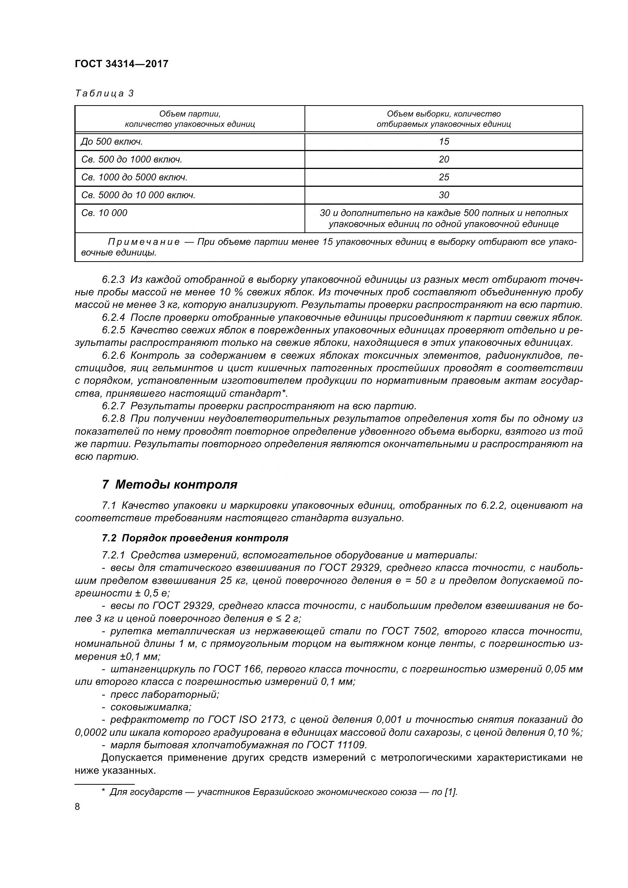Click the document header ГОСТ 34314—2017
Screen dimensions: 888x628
[x=121, y=64]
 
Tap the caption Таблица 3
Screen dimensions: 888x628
[x=104, y=93]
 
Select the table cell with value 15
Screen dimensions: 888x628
[x=443, y=142]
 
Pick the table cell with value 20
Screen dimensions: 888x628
[x=443, y=159]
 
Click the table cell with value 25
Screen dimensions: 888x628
[x=443, y=177]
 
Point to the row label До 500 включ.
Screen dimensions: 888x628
[x=112, y=142]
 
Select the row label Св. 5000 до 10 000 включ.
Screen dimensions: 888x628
[x=138, y=195]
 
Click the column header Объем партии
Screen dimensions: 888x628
[x=189, y=114]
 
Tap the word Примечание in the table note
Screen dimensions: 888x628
[x=144, y=242]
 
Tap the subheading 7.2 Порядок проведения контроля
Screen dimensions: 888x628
[x=195, y=538]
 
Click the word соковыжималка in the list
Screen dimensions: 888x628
[x=151, y=707]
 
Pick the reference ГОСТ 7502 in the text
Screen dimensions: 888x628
[x=410, y=631]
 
